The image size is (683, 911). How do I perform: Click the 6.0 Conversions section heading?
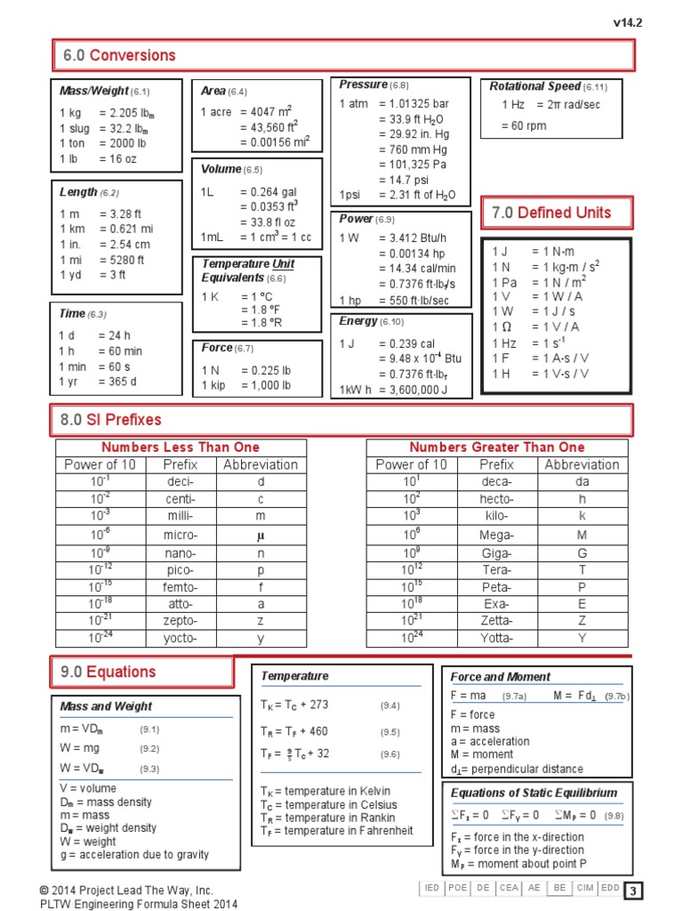[x=119, y=55]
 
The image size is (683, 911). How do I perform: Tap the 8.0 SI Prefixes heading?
[x=111, y=419]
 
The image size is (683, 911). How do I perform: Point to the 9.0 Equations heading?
[x=109, y=672]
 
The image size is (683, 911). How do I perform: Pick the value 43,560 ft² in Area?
[x=269, y=127]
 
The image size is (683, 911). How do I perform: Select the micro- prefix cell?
[x=181, y=535]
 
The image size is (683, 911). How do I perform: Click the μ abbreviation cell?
[x=261, y=535]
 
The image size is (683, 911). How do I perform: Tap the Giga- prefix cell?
[x=496, y=552]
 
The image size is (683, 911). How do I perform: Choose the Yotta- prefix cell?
[x=496, y=638]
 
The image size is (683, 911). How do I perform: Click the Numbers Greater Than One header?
[x=496, y=447]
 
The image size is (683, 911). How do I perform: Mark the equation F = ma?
[x=469, y=696]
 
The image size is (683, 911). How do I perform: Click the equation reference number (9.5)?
[x=390, y=732]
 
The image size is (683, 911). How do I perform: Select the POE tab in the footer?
[x=458, y=889]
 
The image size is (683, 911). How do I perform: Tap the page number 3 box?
[x=632, y=891]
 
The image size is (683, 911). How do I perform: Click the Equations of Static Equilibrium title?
[x=534, y=793]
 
